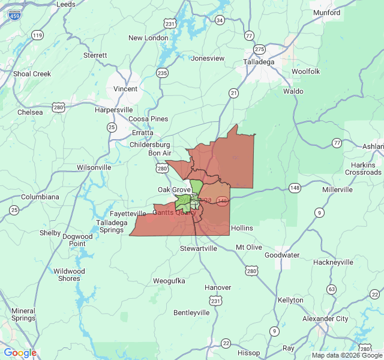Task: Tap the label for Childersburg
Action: click(150, 145)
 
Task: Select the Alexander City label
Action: click(325, 319)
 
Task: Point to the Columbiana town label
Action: click(40, 196)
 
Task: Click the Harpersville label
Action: click(114, 110)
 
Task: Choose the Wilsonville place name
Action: click(94, 167)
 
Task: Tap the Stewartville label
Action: click(199, 248)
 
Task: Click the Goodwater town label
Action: click(282, 255)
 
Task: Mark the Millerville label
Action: click(337, 190)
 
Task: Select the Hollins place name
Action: click(242, 228)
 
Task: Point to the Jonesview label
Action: click(208, 58)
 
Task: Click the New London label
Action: click(148, 38)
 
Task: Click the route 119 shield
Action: click(38, 35)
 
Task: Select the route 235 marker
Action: click(163, 73)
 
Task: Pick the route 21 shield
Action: click(233, 92)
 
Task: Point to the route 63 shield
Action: click(331, 290)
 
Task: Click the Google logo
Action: click(20, 353)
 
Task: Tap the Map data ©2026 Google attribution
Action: click(347, 356)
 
